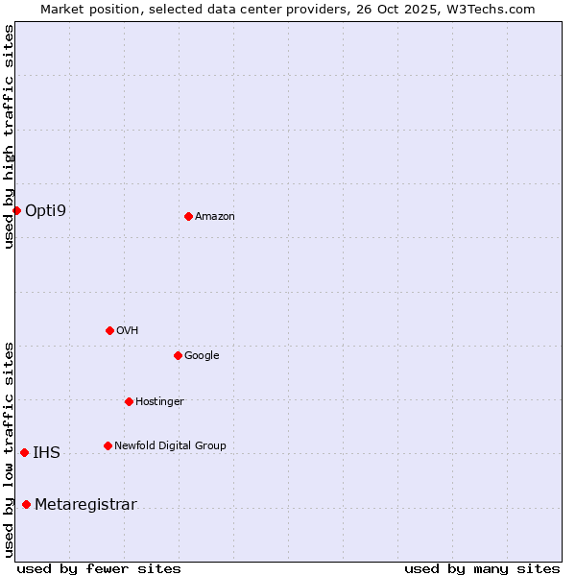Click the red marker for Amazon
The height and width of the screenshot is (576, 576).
point(188,216)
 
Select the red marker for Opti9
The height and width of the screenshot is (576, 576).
point(16,210)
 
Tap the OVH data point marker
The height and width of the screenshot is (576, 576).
point(109,330)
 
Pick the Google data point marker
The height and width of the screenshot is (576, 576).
point(178,355)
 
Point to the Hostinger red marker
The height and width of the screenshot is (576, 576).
point(129,401)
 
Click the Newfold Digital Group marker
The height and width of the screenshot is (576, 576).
point(108,445)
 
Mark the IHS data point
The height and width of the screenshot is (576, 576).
point(24,452)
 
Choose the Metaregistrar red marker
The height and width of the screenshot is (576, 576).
point(26,504)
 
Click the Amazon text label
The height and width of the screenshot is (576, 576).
point(215,217)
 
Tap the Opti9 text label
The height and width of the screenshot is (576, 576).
point(45,210)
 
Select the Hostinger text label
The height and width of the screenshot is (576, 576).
point(159,401)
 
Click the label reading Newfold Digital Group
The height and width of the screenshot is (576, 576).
point(170,445)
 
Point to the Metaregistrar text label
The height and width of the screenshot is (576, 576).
point(85,505)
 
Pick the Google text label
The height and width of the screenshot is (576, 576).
point(202,355)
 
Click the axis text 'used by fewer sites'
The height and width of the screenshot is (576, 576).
point(99,568)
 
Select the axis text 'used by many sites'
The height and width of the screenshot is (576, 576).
point(482,568)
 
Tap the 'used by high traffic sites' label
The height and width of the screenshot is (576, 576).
point(9,136)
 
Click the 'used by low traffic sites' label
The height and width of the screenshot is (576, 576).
point(9,449)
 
